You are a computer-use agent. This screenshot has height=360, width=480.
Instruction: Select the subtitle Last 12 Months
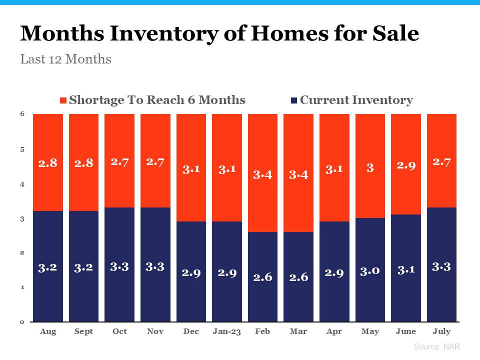(x=65, y=59)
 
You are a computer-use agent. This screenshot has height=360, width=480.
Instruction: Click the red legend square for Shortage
(x=63, y=100)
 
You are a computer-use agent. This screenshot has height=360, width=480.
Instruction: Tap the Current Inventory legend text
(x=356, y=100)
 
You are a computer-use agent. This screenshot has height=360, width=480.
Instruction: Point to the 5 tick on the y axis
(x=22, y=149)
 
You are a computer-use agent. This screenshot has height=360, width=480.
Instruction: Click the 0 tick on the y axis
(x=22, y=321)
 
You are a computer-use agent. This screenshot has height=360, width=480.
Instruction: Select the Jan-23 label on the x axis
(x=227, y=331)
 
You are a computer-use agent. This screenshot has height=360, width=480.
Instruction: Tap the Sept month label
(x=83, y=331)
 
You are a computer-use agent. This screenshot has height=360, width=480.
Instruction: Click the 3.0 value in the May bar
(x=370, y=271)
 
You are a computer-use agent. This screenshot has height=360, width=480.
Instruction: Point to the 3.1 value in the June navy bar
(x=406, y=270)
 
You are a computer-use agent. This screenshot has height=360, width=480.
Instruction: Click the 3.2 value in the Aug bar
(x=48, y=267)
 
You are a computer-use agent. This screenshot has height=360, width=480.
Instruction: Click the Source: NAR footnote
(x=436, y=346)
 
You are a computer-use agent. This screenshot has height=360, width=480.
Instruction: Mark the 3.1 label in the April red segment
(x=334, y=168)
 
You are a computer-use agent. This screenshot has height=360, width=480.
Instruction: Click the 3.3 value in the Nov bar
(x=155, y=266)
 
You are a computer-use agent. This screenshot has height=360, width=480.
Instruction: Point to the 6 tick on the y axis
(x=22, y=114)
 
